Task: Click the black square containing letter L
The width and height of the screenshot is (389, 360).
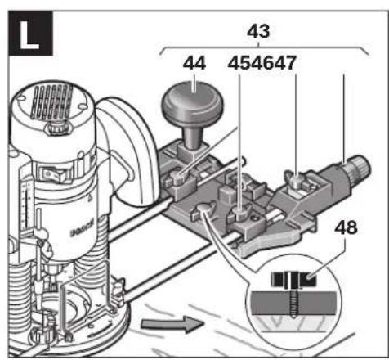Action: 30,34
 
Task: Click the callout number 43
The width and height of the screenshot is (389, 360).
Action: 258,31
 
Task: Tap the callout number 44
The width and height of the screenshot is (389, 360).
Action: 194,63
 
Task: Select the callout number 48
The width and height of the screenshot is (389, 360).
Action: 346,227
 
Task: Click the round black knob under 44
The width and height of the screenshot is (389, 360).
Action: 193,104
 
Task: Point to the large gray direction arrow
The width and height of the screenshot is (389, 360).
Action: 172,324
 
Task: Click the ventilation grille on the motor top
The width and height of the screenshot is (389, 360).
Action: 51,102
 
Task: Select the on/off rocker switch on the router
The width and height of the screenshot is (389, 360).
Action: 52,173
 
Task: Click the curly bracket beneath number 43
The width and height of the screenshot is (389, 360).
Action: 264,49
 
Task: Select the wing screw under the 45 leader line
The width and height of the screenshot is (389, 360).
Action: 239,214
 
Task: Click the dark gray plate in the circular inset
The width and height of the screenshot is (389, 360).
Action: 293,303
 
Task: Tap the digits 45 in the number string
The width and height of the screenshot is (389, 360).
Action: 239,63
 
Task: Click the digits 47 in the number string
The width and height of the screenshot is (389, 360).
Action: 284,63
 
